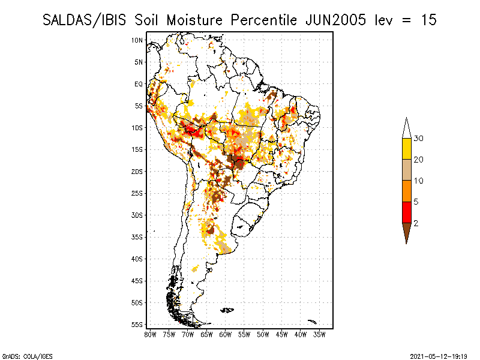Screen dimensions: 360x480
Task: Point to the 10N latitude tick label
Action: click(137, 40)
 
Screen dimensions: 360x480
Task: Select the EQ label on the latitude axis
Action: click(138, 84)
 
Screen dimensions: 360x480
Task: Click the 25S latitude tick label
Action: click(137, 193)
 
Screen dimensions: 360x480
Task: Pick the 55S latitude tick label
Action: click(137, 325)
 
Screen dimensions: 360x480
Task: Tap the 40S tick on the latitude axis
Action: click(137, 259)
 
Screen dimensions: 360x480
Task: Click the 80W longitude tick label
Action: click(151, 334)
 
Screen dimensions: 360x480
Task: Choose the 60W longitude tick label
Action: click(226, 334)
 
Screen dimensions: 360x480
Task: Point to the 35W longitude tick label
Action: click(319, 334)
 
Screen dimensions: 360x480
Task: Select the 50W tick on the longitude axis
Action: click(263, 334)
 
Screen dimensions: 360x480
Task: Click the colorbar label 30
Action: click(419, 139)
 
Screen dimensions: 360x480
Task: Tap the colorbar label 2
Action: click(415, 223)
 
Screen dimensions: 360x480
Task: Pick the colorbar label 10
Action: click(419, 181)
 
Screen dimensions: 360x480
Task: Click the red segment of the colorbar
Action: click(406, 212)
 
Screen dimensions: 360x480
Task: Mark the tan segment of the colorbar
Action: click(406, 170)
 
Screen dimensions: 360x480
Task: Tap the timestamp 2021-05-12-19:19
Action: click(437, 355)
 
